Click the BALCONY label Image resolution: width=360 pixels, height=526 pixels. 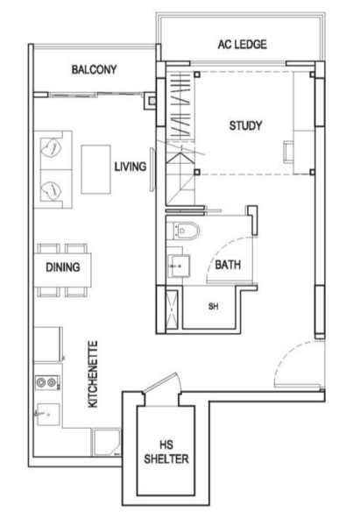95,69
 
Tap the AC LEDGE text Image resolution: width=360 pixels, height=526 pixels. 243,45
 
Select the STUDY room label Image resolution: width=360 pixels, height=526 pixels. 246,125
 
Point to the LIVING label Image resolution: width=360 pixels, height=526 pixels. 131,167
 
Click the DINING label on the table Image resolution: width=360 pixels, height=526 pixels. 63,267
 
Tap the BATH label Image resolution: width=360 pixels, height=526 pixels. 228,265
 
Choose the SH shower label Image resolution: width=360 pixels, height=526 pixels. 213,306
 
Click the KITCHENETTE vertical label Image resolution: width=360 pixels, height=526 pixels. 93,374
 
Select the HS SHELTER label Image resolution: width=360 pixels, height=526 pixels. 166,451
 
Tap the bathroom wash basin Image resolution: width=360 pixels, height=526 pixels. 179,266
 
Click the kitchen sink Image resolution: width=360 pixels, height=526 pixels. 48,415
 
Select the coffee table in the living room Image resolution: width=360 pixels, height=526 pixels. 95,169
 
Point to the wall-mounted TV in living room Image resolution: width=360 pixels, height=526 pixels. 152,169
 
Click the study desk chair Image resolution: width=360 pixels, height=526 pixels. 288,152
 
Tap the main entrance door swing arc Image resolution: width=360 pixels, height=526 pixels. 285,358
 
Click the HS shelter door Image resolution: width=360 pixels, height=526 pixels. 161,382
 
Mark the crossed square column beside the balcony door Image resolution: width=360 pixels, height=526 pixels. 152,100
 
